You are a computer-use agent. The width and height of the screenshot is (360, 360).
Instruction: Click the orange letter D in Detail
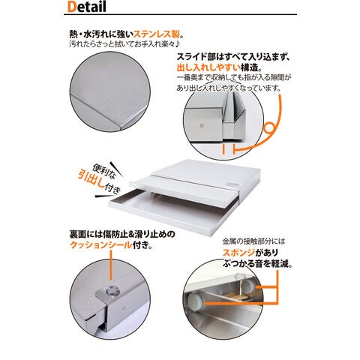(x=71, y=7)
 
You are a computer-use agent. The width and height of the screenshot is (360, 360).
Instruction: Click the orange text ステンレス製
(x=157, y=34)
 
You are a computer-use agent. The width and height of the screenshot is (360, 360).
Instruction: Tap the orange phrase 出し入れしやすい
(x=208, y=67)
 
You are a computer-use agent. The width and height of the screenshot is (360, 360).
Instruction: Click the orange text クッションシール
(x=101, y=245)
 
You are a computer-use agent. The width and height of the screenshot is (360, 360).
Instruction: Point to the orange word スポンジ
(x=238, y=253)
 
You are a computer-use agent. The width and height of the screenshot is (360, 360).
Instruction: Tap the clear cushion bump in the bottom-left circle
(x=111, y=290)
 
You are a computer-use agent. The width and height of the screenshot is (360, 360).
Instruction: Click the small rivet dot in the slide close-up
(x=202, y=125)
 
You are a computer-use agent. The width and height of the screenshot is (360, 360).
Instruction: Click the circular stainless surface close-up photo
(x=110, y=91)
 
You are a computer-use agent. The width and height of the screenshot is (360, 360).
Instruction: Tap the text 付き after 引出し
(x=112, y=189)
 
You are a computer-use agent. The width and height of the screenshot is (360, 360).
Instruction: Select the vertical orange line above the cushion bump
(x=111, y=268)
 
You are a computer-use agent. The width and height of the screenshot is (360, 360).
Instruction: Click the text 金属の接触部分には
(x=253, y=241)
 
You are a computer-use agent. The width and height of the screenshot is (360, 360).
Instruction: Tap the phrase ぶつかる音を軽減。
(x=257, y=263)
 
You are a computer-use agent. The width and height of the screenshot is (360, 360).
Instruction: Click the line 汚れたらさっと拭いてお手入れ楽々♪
(x=124, y=44)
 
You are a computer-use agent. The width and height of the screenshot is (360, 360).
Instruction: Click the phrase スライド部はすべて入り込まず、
(x=233, y=57)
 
